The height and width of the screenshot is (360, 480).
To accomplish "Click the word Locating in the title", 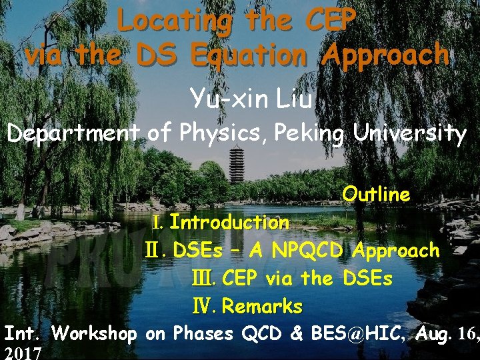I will (173, 21).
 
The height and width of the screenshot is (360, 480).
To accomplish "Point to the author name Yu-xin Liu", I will (251, 99).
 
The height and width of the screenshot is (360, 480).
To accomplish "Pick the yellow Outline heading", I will (376, 195).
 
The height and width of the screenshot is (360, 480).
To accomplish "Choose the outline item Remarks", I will (261, 307).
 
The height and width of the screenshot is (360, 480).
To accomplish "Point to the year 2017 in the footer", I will (23, 352).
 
